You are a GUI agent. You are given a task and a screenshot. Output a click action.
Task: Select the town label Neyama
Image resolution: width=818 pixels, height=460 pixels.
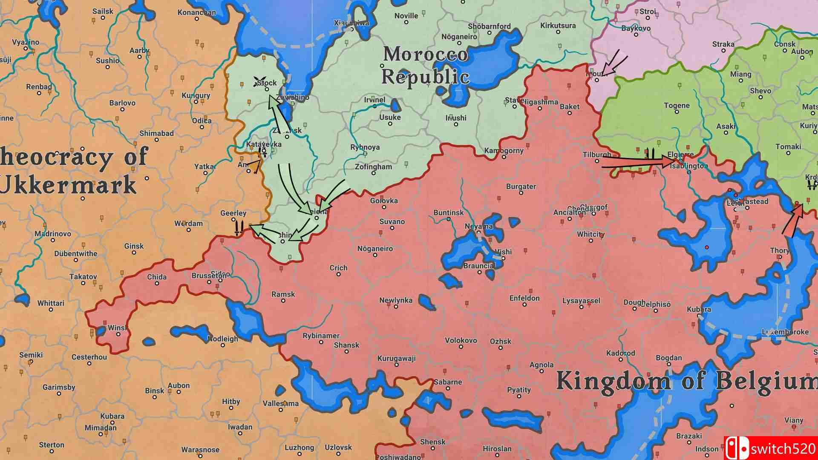point(478,226)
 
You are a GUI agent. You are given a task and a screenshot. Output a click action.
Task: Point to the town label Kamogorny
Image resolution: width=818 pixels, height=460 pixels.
point(504,151)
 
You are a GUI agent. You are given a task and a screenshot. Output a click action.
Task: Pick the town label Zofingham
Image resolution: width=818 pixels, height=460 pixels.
point(373,167)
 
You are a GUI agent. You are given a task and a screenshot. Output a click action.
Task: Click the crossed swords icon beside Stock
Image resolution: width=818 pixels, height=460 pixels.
point(258,82)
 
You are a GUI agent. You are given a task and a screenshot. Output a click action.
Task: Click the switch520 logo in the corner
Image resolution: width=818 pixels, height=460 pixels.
point(770,448)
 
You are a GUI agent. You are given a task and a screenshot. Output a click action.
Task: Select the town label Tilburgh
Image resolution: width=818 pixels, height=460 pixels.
point(597,155)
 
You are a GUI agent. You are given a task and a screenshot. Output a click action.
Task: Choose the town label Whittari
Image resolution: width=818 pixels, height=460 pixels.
point(51,303)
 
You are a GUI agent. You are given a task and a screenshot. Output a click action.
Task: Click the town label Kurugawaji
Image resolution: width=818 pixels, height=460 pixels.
point(396,358)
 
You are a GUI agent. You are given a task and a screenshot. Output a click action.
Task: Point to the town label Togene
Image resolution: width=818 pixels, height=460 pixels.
point(677,106)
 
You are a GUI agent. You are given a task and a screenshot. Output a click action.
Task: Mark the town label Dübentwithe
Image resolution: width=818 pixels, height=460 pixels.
point(76,253)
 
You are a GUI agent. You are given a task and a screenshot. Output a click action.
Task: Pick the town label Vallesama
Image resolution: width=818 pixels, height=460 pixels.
point(280,403)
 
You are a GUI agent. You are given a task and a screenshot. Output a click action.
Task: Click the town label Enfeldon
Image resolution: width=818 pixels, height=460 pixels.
point(524,298)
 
